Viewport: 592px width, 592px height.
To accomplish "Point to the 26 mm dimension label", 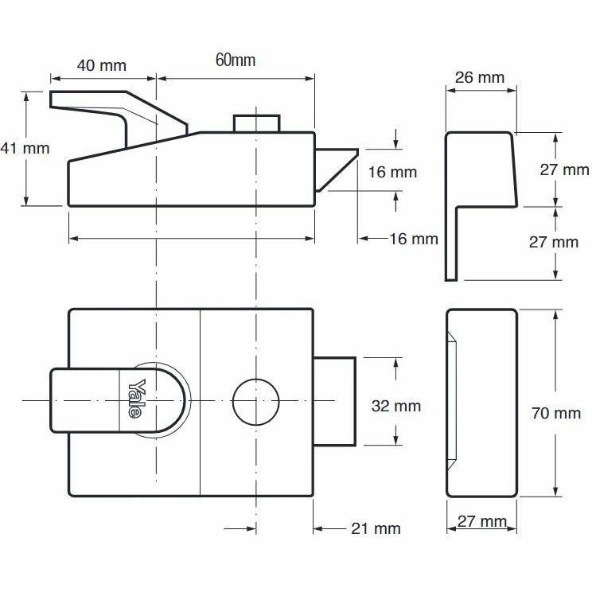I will (x=479, y=77).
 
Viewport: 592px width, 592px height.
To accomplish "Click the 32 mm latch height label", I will (x=396, y=406).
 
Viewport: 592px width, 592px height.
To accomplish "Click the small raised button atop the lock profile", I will (x=256, y=124).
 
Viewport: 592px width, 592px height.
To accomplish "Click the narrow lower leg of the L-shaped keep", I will (x=450, y=243).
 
